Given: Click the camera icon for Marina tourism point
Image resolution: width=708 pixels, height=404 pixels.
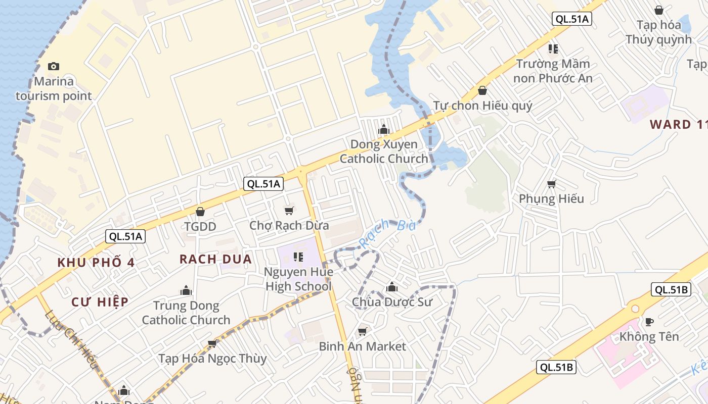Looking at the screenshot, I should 53,66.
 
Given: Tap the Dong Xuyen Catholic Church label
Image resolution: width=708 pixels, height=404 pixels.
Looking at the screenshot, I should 384,151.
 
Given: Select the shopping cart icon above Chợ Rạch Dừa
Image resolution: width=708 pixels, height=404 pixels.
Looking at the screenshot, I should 289,211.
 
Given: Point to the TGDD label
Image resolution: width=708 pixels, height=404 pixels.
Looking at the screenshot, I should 200,226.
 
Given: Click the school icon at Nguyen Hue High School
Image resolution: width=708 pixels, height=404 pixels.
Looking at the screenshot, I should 298,257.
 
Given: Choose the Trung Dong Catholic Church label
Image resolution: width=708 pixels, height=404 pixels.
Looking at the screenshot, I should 186,313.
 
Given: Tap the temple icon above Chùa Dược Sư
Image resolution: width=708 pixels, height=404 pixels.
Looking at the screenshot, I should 391,288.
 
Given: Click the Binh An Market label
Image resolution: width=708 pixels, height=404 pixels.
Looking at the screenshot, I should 362,346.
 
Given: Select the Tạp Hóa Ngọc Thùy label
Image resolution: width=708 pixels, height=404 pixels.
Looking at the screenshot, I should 212,359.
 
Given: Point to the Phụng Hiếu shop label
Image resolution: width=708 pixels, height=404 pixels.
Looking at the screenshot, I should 551,198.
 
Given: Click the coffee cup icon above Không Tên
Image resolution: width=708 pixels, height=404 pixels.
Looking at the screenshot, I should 649,322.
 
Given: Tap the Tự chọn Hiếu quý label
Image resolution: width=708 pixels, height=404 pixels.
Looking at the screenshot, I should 482,106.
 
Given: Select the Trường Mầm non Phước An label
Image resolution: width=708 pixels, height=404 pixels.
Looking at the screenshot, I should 553,71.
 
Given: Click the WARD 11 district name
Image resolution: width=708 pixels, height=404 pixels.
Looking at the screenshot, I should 678,124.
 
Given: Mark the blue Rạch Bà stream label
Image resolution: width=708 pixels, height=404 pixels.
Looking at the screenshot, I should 387,233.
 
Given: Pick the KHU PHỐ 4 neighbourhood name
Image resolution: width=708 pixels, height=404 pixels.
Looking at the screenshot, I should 96,263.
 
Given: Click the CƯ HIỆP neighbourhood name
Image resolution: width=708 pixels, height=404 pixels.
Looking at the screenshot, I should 100,302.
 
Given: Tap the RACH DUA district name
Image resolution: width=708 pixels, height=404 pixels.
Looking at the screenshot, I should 215,259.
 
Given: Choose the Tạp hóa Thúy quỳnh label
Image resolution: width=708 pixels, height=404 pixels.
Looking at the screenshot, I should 658,32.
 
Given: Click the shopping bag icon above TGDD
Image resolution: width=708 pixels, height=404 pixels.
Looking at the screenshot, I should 200,211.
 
